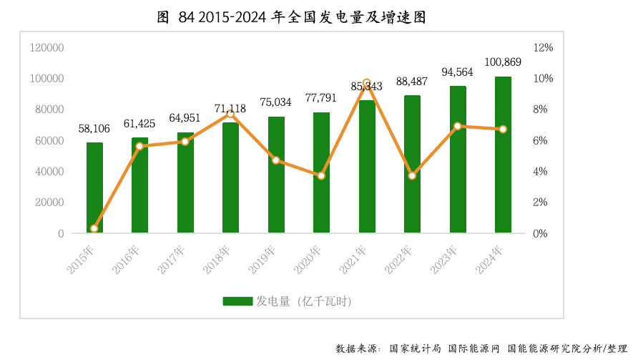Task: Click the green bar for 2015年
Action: [x=94, y=188]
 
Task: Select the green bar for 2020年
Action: [x=321, y=172]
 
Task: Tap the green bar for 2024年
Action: [x=503, y=155]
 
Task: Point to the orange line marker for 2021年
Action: [x=367, y=83]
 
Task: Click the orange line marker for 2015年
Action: [x=94, y=228]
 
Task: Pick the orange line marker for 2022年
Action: [x=412, y=175]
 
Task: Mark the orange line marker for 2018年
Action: [x=230, y=114]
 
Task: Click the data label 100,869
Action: [x=503, y=62]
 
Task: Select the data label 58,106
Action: [x=94, y=129]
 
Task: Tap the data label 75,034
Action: [x=275, y=102]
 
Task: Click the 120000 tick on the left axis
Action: [x=47, y=47]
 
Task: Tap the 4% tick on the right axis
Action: [x=541, y=172]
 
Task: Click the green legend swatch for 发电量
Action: [x=237, y=301]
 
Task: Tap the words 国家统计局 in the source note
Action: [x=415, y=349]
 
